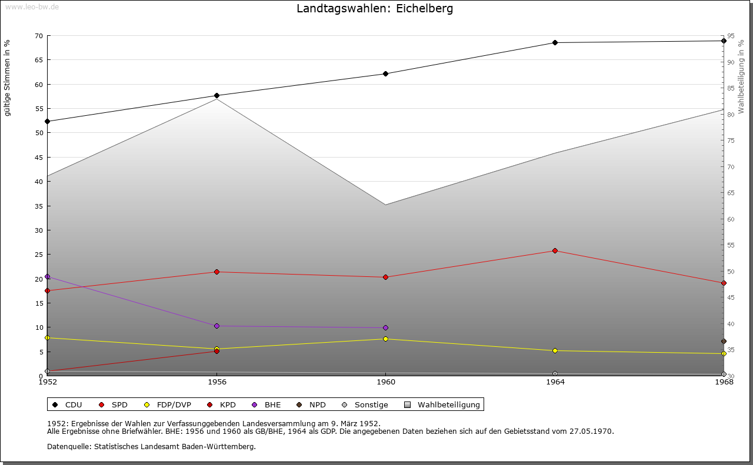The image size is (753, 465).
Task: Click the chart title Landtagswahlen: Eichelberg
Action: point(375,9)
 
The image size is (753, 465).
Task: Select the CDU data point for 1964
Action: point(555,42)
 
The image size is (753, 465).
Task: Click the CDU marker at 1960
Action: point(385,73)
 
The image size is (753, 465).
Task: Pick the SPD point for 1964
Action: point(555,251)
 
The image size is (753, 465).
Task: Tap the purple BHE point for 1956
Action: point(216,326)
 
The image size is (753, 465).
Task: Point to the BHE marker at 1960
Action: point(385,327)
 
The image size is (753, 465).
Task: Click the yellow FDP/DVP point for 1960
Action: point(385,339)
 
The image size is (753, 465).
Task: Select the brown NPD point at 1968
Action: point(724,342)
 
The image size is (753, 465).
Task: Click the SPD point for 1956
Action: point(216,272)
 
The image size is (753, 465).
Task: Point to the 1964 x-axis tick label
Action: point(555,382)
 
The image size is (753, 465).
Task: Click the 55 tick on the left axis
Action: point(38,109)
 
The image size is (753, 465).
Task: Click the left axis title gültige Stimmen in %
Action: point(8,78)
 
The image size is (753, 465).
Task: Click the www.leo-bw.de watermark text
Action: point(32,6)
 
